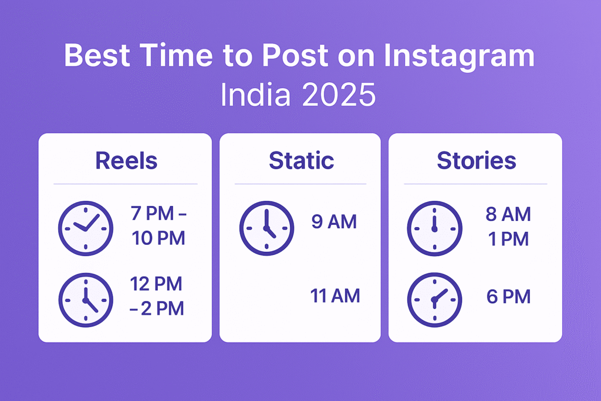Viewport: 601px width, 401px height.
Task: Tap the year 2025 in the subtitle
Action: pos(339,95)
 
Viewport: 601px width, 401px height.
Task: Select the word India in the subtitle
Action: pos(255,95)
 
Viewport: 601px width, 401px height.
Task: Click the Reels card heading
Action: pos(127,161)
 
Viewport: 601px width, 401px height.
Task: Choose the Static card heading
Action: pos(301,161)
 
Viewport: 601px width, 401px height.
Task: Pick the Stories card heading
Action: pos(477,161)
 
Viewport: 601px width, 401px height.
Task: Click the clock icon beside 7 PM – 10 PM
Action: pos(86,228)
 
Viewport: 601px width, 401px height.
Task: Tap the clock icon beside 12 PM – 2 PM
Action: pos(86,300)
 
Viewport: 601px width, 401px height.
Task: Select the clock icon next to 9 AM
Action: pos(267,228)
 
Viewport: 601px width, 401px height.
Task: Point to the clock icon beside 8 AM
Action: pos(435,228)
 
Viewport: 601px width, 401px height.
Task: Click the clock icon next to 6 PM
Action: pos(435,300)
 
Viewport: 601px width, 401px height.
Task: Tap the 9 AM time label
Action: pos(334,221)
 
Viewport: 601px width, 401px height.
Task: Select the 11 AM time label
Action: pos(335,295)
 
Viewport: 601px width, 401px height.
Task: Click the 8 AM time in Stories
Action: pos(508,214)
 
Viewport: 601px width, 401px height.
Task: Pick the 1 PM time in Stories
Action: pos(508,239)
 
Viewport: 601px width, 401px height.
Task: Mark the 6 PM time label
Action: pos(509,296)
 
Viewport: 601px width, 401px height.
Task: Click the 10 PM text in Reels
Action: pos(158,238)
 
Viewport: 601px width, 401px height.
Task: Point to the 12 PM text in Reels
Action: pos(156,284)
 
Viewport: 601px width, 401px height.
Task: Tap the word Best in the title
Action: pos(97,56)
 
